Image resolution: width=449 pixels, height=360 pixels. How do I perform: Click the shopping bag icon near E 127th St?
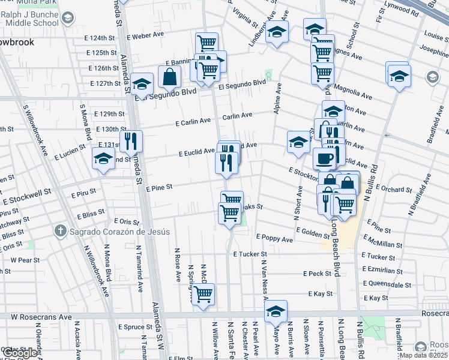click(170, 77)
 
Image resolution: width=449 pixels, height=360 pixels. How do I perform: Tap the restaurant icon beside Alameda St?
click(130, 142)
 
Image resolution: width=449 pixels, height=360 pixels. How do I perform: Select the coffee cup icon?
click(324, 158)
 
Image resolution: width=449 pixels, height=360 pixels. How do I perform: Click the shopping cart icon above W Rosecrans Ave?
click(203, 294)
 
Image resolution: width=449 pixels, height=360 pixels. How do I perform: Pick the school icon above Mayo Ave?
click(276, 311)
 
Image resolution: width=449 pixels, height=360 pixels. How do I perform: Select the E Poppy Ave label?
click(274, 239)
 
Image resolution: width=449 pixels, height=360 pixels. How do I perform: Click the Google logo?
click(20, 353)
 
